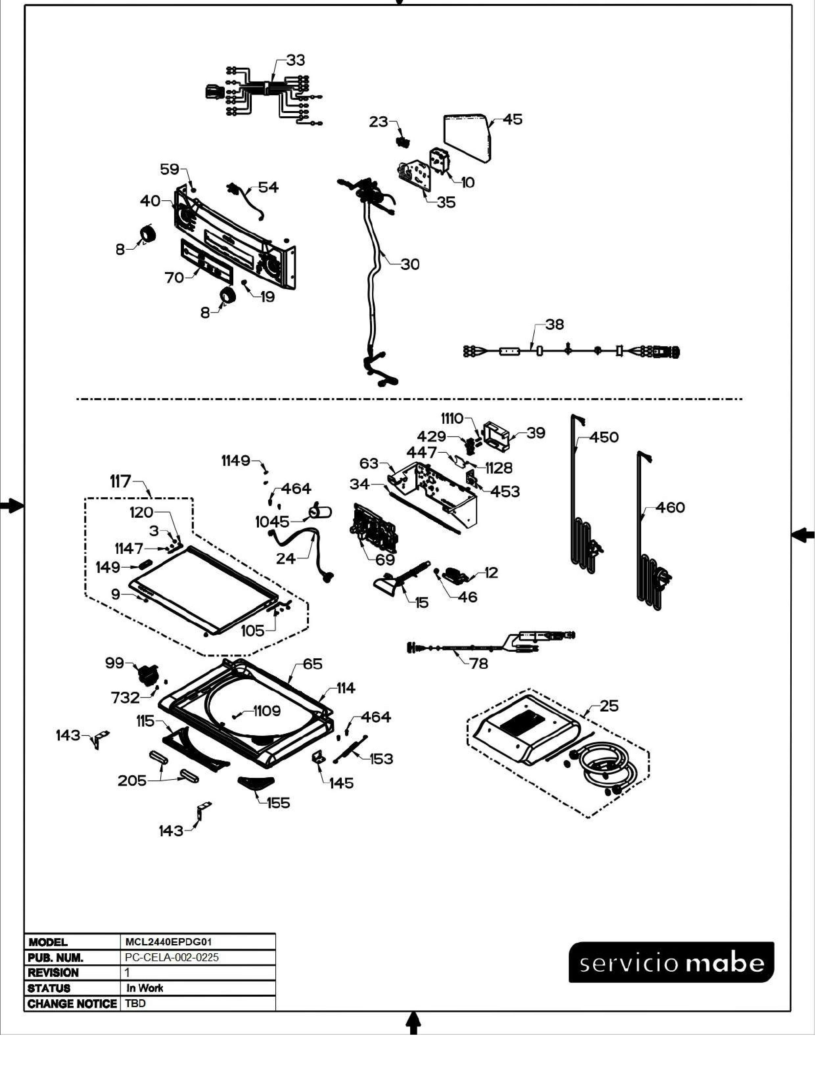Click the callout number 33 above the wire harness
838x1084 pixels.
click(x=295, y=60)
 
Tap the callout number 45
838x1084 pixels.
click(x=513, y=120)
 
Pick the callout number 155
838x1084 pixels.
click(x=278, y=803)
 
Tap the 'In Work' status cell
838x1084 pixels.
click(x=145, y=988)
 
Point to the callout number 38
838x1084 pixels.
click(x=554, y=324)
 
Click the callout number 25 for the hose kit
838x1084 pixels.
click(x=609, y=706)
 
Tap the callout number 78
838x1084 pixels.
click(x=478, y=663)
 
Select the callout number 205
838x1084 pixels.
click(x=132, y=781)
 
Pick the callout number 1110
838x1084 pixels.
click(x=452, y=418)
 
